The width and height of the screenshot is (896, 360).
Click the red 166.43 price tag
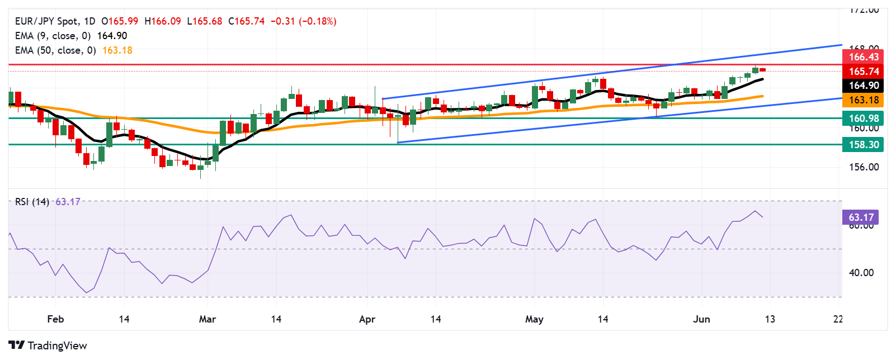(x=864, y=57)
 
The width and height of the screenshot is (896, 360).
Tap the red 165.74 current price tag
(x=864, y=71)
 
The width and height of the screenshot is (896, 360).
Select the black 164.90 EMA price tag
(x=864, y=86)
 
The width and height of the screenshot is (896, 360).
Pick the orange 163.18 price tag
(x=864, y=100)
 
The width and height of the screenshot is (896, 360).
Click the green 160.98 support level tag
(x=864, y=118)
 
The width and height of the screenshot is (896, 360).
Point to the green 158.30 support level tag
(x=864, y=145)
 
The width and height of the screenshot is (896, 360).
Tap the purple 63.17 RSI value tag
(x=861, y=217)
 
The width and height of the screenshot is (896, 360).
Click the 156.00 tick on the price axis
(x=864, y=167)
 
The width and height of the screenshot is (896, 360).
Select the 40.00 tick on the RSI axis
(x=861, y=273)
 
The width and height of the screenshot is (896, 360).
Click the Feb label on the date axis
(x=55, y=319)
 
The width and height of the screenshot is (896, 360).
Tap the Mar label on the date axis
(x=208, y=319)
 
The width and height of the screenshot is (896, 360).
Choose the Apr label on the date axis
(x=367, y=319)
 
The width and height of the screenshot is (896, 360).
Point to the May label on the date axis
(x=534, y=319)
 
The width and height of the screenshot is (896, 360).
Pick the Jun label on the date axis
(x=701, y=319)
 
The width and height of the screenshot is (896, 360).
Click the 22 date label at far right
(x=837, y=319)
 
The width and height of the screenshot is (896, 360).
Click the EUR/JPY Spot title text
(x=47, y=21)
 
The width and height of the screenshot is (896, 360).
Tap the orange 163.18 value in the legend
(x=117, y=50)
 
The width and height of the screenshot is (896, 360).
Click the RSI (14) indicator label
(x=32, y=202)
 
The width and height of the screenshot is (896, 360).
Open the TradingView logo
(x=48, y=345)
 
